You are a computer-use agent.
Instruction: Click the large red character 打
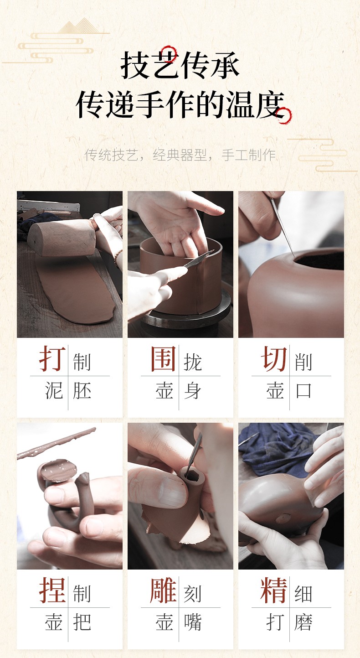point(52,358)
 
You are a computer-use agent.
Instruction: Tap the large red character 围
point(163,358)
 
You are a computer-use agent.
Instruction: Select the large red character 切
point(274,358)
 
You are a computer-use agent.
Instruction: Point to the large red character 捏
point(52,590)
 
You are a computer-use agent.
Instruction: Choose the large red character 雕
point(163,590)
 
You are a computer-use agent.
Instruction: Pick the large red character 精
point(274,590)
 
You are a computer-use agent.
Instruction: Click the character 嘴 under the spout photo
point(193,622)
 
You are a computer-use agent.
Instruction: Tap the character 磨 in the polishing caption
point(303,622)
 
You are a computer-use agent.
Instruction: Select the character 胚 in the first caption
point(82,391)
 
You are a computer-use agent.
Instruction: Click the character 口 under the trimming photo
point(303,391)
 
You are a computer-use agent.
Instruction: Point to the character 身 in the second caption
point(193,391)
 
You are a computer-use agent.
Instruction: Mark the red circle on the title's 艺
point(169,54)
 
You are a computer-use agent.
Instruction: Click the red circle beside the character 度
point(283,116)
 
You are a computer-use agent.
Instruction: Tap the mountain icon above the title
point(78,26)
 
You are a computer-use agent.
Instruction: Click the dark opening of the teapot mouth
point(319,261)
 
